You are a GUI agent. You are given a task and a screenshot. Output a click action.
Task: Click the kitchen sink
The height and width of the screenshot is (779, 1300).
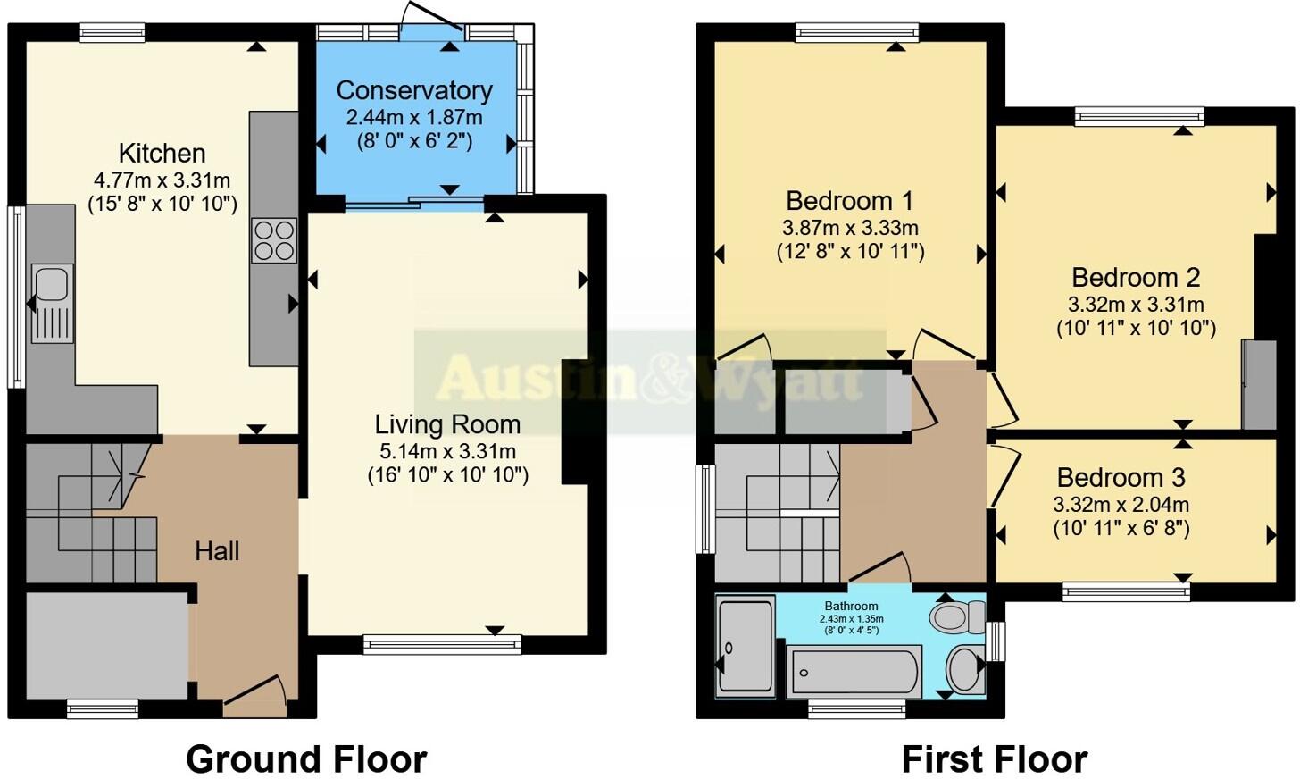[51, 302]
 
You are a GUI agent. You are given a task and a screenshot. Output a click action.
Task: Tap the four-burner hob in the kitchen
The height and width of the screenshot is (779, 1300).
[274, 240]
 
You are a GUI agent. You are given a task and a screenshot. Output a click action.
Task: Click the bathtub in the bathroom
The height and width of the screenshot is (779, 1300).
[853, 672]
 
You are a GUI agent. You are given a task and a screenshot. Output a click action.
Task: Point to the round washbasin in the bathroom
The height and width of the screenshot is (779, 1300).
[964, 668]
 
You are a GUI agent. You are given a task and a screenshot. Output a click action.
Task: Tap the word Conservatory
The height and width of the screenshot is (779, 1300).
[414, 90]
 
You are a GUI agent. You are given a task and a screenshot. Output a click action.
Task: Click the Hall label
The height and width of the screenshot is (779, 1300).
[217, 551]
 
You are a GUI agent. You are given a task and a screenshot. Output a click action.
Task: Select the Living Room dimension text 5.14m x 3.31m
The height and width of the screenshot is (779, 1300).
[447, 451]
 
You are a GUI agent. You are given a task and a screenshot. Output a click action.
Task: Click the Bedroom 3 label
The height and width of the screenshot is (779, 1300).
[1121, 477]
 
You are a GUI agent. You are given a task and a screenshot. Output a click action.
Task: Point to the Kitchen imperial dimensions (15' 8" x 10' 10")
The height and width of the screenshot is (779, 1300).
[162, 204]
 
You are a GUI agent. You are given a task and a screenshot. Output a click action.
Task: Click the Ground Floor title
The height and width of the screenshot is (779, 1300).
[306, 759]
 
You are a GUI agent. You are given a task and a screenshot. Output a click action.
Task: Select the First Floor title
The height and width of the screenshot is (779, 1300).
[994, 759]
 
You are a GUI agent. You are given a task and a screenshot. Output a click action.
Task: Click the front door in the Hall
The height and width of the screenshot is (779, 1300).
[254, 695]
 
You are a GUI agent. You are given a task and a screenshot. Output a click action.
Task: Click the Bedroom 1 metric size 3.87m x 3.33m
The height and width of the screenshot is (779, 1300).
[850, 228]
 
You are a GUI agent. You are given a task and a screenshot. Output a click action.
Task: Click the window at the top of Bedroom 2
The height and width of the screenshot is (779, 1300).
[1138, 116]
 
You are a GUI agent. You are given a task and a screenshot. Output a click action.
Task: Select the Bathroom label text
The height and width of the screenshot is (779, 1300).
[851, 607]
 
